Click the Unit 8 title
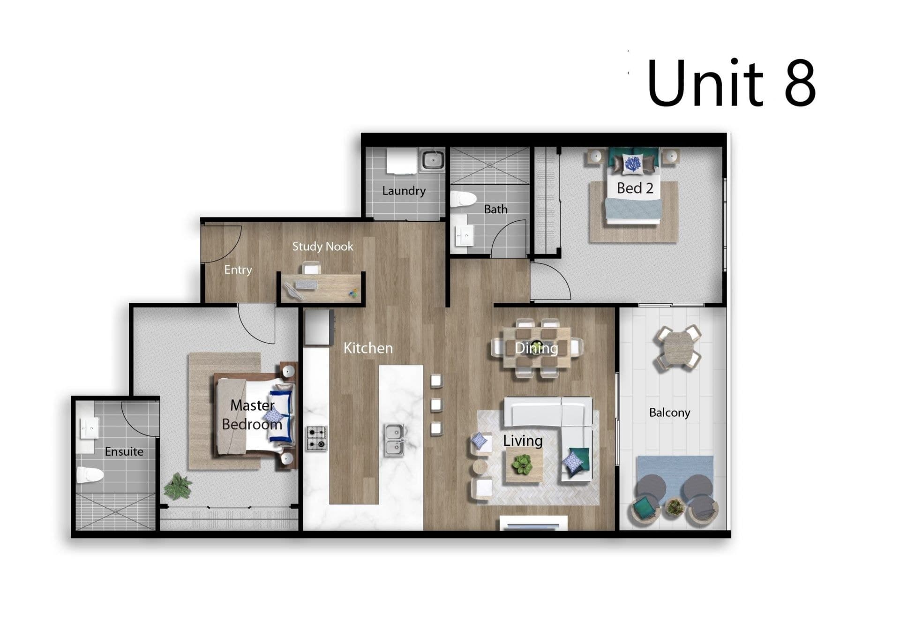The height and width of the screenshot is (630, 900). pyautogui.click(x=731, y=83)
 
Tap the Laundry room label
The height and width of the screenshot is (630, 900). pyautogui.click(x=404, y=191)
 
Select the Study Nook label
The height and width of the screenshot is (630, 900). pyautogui.click(x=322, y=247)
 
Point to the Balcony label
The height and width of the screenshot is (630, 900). pyautogui.click(x=669, y=412)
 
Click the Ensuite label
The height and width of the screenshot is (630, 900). pyautogui.click(x=124, y=451)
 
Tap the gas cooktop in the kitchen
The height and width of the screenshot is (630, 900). pyautogui.click(x=317, y=438)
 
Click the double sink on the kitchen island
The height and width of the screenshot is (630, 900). pyautogui.click(x=394, y=440)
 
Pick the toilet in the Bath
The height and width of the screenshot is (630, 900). pyautogui.click(x=463, y=199)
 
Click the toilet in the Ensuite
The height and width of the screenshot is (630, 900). pyautogui.click(x=90, y=475)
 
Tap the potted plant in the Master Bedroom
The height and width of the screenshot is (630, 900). pyautogui.click(x=178, y=486)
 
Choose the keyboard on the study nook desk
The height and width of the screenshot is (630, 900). pyautogui.click(x=306, y=285)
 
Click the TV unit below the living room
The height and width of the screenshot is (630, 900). pyautogui.click(x=533, y=523)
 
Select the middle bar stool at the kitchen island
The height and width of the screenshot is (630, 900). pyautogui.click(x=436, y=405)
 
